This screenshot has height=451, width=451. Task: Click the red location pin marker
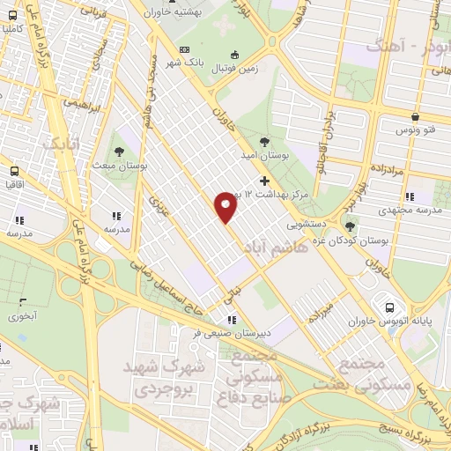click(227, 206)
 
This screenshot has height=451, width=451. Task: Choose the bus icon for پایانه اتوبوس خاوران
click(389, 307)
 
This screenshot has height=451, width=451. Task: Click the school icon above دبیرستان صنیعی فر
click(231, 320)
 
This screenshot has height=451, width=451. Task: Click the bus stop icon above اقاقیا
click(15, 172)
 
